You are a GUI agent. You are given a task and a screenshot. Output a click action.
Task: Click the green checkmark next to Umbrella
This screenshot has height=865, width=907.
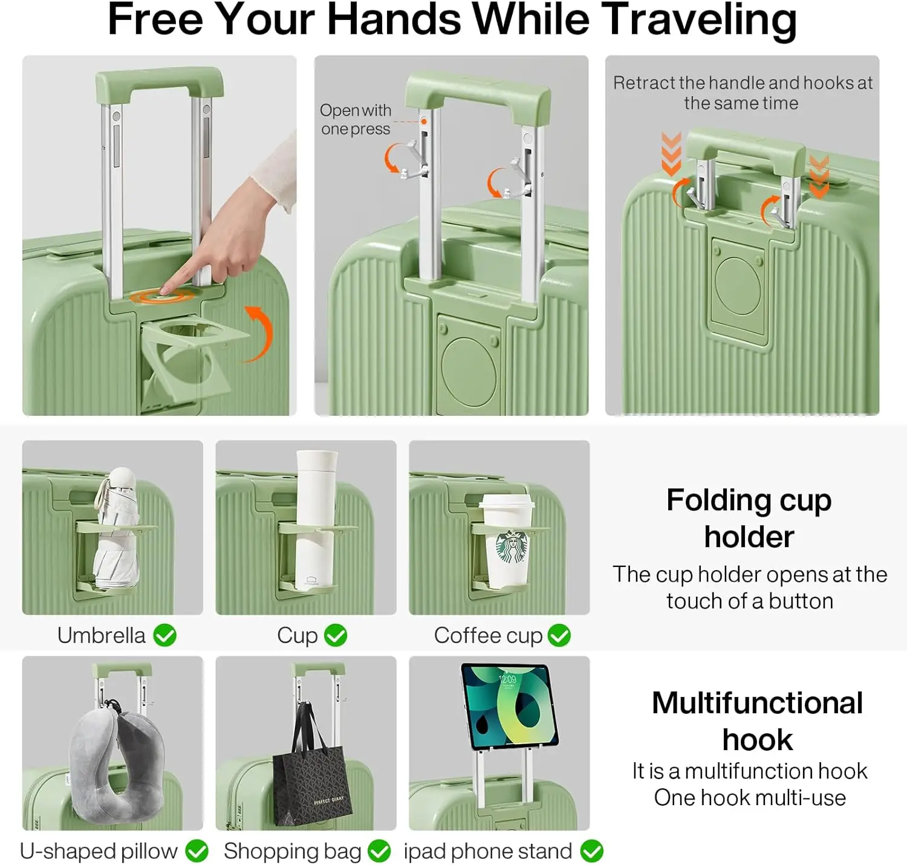(x=164, y=635)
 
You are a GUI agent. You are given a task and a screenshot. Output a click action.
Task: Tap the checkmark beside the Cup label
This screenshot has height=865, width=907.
(x=336, y=635)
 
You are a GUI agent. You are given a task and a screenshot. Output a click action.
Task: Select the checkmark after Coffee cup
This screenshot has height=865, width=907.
(x=559, y=635)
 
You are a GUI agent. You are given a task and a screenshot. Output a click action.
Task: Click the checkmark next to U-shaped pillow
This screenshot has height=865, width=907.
(x=197, y=851)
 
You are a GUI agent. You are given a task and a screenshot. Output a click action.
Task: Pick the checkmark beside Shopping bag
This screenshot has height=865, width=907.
(x=379, y=851)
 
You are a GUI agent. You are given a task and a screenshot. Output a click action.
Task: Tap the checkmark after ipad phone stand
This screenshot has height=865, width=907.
(x=591, y=851)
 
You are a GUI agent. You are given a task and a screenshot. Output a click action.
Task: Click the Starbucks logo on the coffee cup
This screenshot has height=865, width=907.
(x=512, y=547)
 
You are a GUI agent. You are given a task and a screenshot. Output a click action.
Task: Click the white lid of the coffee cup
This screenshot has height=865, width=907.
(x=507, y=502)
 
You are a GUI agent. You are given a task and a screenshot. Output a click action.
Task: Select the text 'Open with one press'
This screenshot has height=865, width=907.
(x=356, y=120)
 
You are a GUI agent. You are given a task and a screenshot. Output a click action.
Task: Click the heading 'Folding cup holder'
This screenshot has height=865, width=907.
(x=749, y=518)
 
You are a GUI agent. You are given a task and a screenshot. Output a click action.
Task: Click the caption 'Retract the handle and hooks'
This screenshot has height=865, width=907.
(x=742, y=92)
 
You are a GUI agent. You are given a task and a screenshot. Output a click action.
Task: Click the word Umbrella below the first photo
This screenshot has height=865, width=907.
(x=101, y=635)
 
